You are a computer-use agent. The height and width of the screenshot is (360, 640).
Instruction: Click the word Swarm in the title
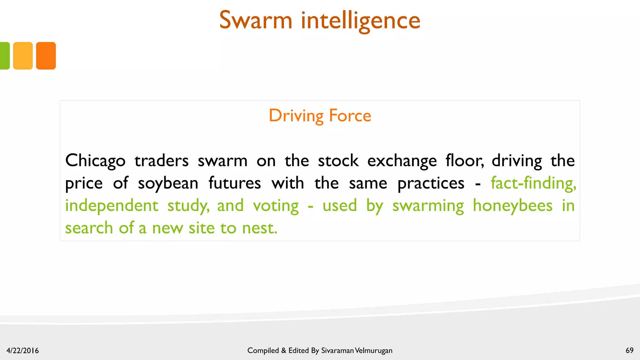[x=256, y=21]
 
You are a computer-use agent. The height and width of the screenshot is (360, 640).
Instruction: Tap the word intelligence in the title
[x=361, y=21]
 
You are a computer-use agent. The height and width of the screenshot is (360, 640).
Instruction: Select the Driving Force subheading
[x=320, y=116]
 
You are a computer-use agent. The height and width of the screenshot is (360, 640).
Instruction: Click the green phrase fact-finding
[x=533, y=183]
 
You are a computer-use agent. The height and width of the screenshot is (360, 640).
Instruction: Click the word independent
[x=112, y=206]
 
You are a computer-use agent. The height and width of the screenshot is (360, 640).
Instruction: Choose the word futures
[x=234, y=183]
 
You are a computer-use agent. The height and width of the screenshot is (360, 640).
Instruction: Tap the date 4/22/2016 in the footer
[x=22, y=351]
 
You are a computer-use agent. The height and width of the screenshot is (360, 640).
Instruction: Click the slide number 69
[x=629, y=350]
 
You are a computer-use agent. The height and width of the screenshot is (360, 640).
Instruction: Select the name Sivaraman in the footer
[x=337, y=351]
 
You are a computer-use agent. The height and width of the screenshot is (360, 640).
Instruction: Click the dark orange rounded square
[x=46, y=56]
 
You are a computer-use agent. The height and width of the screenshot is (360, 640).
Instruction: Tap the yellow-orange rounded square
[x=23, y=56]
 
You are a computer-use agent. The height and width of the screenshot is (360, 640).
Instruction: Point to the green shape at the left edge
[x=4, y=56]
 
